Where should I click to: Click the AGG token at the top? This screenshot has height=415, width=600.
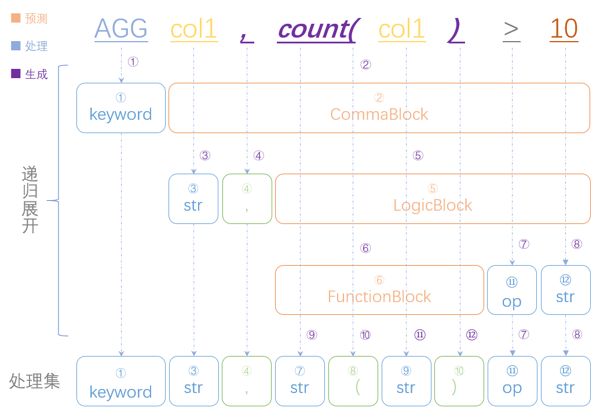click(x=121, y=29)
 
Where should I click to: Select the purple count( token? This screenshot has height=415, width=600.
click(x=316, y=29)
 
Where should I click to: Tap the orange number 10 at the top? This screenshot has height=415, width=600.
click(x=564, y=29)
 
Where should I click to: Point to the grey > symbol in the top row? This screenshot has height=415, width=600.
click(x=511, y=29)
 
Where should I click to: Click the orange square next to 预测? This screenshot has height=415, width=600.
click(x=16, y=19)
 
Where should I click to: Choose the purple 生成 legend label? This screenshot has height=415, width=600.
click(x=36, y=74)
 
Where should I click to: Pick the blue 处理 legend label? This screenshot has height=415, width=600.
click(x=36, y=46)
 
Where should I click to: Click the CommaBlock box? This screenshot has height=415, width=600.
click(x=379, y=108)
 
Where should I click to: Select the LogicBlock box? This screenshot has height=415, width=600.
click(x=432, y=199)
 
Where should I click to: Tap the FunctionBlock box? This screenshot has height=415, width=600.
click(x=379, y=290)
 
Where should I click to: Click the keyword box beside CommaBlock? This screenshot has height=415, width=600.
click(x=121, y=108)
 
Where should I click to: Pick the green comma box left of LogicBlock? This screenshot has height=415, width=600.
click(x=247, y=199)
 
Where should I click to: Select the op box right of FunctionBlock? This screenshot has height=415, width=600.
click(x=511, y=290)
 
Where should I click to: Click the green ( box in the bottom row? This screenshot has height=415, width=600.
click(x=353, y=381)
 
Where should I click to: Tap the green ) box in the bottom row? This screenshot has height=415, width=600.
click(x=459, y=381)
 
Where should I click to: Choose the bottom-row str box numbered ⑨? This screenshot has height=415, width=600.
click(x=406, y=381)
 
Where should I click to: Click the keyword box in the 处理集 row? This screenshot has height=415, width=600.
click(x=121, y=381)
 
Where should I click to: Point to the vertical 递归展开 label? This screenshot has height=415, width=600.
click(x=30, y=199)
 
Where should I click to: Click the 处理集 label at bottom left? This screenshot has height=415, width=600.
click(x=35, y=381)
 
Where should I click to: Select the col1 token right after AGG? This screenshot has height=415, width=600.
click(x=193, y=29)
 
